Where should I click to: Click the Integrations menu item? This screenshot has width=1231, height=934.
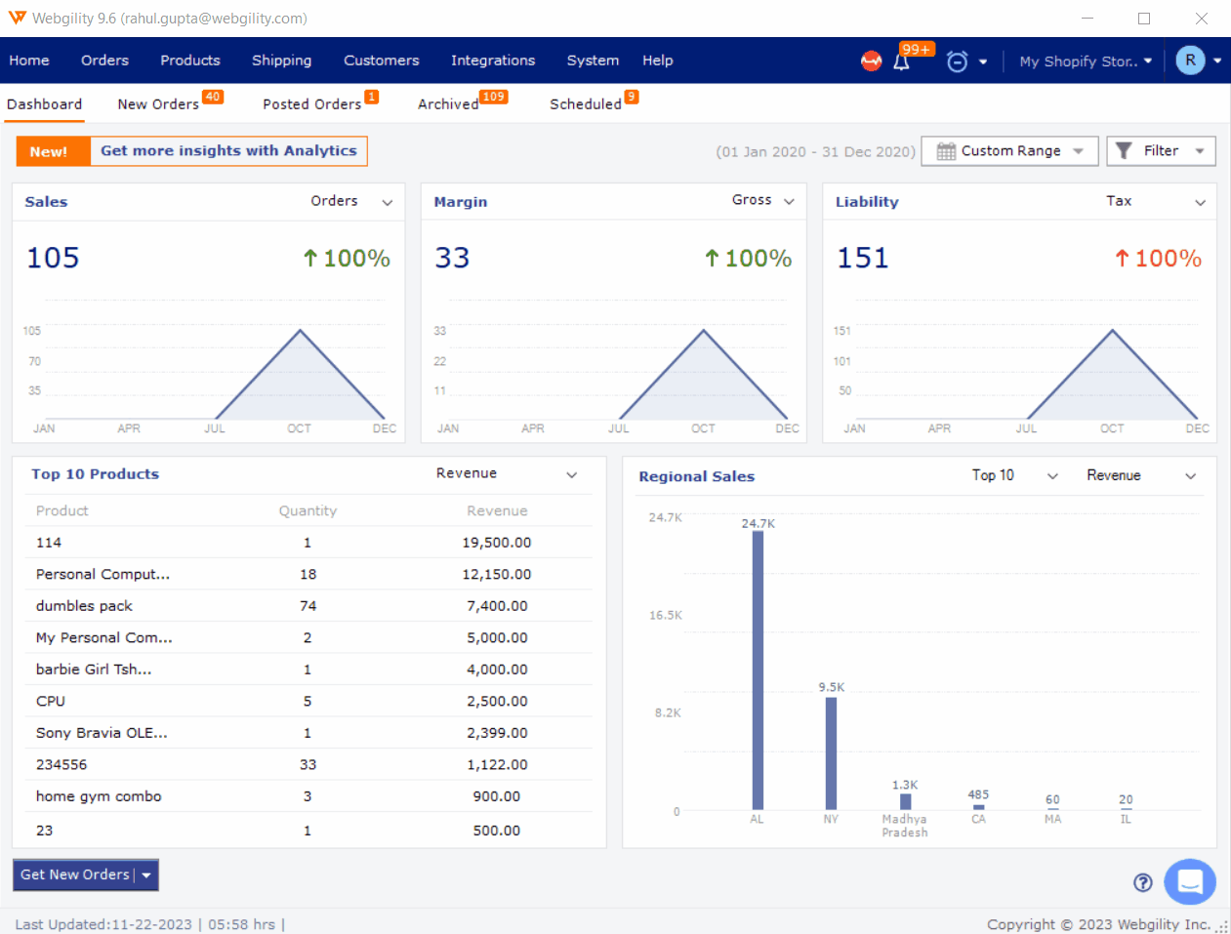coord(492,61)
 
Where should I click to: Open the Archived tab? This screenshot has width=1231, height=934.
coord(449,104)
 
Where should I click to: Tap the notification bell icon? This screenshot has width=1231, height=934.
coord(901,61)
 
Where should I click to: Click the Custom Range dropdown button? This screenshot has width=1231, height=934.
coord(1009,151)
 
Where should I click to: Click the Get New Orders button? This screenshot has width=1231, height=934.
coord(75,875)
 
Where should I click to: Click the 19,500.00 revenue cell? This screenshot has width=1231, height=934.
coord(497,543)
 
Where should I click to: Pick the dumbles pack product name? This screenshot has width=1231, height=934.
coord(84,606)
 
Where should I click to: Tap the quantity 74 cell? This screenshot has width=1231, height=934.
coord(308,606)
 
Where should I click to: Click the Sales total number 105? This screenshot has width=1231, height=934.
coord(53,258)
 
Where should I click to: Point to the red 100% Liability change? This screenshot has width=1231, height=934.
coord(1159,259)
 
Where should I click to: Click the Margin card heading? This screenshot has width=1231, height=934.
coord(461,202)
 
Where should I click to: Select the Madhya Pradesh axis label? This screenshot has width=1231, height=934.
coord(905,826)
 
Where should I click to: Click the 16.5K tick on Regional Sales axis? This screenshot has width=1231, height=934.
coord(666,616)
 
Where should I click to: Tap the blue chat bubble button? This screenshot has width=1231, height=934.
coord(1189,882)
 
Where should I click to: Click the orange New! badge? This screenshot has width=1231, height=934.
coord(49,151)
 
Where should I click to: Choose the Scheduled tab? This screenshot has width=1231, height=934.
coord(586,104)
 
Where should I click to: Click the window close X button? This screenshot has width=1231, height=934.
coord(1202,19)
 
